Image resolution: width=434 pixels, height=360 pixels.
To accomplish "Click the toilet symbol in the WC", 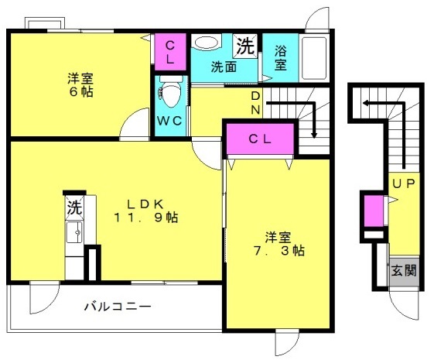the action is point(170,91).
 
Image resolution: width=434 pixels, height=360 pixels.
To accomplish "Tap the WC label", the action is point(169,121).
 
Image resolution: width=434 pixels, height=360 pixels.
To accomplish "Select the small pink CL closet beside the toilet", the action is point(170,52).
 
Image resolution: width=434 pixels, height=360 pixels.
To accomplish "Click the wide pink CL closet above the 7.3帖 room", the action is point(260,139).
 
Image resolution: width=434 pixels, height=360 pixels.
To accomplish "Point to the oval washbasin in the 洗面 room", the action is point(207,43).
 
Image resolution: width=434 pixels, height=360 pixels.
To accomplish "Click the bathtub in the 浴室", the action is point(314,58).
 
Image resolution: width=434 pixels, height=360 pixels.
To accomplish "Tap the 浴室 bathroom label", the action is point(280,58).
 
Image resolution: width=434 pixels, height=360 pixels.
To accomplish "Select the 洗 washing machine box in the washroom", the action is point(245,46).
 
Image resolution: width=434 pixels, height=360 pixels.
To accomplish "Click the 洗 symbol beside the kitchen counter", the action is point(74,207).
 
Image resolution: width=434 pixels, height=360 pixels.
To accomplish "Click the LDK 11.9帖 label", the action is point(145,211).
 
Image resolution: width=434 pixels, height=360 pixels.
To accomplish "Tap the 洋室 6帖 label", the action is point(80,84).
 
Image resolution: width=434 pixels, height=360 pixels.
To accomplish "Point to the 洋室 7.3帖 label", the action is point(279,244).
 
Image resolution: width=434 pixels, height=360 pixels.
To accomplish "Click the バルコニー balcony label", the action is point(118,307).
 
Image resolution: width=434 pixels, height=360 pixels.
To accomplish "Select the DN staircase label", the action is point(255,103).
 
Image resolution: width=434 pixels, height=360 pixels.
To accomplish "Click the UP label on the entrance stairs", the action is point(404,183).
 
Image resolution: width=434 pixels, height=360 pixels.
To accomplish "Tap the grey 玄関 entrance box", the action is point(404,271).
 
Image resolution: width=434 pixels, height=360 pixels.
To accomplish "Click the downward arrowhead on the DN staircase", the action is point(314,135).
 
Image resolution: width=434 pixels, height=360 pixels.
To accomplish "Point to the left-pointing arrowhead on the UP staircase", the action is point(365,104).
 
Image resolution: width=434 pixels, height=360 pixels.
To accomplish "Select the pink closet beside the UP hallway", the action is point(374,211).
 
